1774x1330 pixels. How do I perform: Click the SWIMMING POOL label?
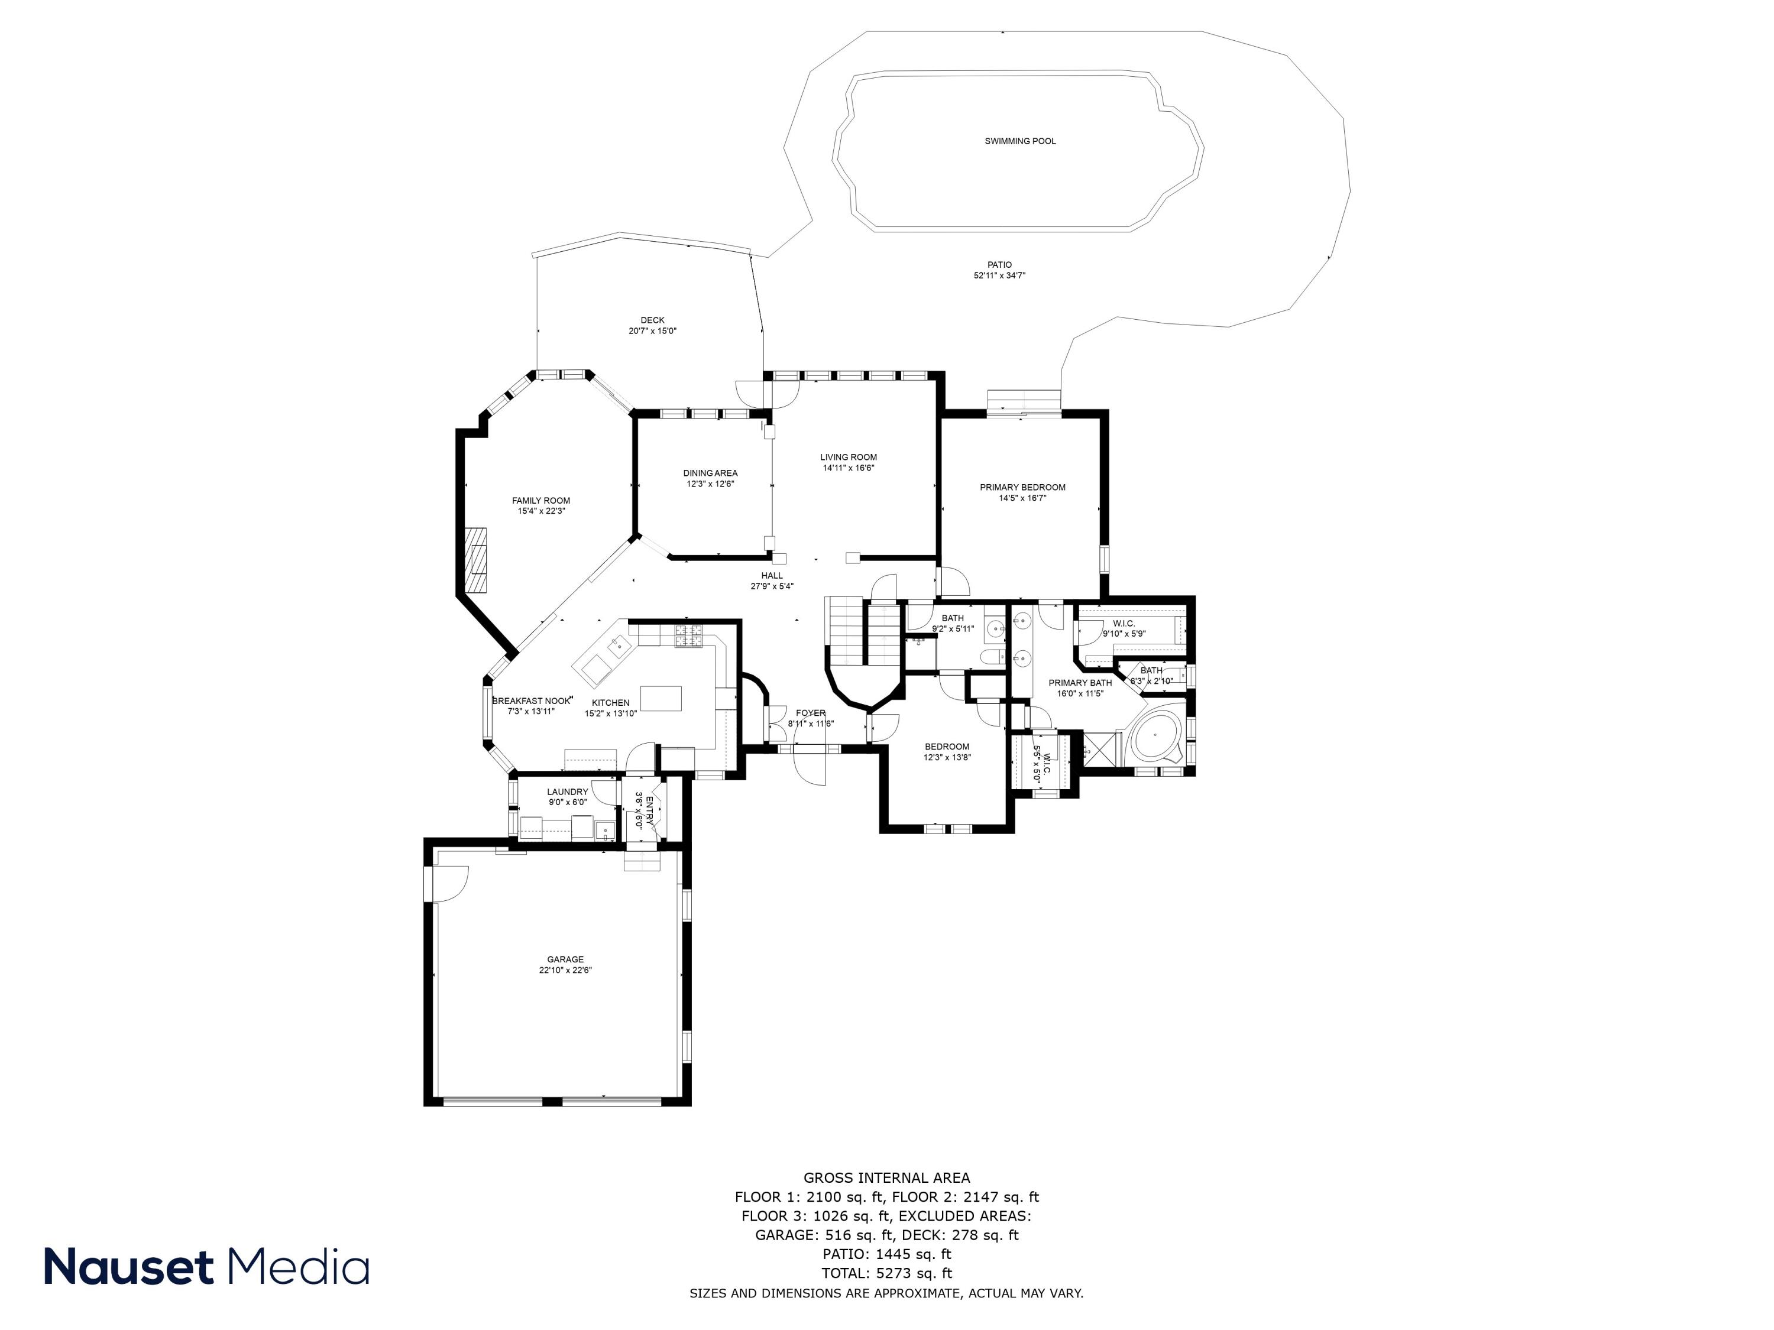(1020, 141)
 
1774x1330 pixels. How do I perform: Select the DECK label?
(652, 320)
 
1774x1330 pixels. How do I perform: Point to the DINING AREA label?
(710, 473)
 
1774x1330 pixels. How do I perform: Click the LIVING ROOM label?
(848, 457)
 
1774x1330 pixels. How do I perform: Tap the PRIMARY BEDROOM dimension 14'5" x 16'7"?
(1022, 498)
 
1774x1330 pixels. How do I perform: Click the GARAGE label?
(565, 959)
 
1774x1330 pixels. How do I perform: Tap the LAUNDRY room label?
(567, 792)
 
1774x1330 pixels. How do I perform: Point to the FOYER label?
(810, 713)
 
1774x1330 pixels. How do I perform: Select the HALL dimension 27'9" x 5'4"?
(772, 586)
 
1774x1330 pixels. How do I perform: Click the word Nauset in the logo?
(128, 1267)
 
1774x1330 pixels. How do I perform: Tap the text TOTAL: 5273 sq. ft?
(886, 1273)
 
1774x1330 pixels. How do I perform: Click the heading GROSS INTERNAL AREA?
(886, 1177)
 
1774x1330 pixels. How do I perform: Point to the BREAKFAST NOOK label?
(531, 700)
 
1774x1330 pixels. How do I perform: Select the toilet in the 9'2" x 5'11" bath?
(991, 657)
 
